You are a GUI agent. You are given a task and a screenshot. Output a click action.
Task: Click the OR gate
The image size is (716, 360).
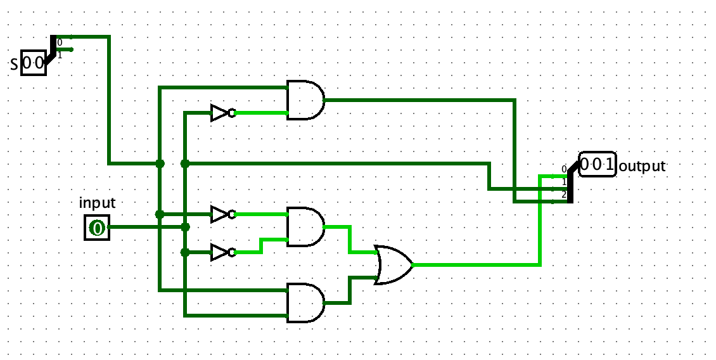(393, 264)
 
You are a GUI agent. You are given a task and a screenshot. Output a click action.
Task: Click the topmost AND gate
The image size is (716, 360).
(305, 100)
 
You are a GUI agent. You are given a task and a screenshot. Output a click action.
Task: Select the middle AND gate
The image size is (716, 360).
(305, 227)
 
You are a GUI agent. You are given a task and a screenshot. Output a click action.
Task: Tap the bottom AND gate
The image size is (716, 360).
(305, 302)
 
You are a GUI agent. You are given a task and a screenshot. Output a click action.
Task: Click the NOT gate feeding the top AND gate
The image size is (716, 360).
(223, 112)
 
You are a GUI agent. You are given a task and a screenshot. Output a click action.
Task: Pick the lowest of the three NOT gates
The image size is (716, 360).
(223, 252)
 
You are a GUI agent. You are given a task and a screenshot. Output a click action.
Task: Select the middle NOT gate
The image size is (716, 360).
(223, 214)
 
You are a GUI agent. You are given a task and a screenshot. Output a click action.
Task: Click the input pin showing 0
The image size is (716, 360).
(98, 228)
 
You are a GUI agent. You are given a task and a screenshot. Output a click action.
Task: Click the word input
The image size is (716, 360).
(98, 202)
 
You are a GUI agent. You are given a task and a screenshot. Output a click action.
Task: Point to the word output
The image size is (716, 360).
(642, 166)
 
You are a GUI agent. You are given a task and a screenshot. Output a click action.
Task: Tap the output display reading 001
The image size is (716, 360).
(598, 164)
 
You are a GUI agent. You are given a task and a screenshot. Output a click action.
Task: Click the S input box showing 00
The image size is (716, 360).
(34, 63)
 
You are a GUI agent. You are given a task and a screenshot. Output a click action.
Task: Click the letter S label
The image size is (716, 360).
(14, 65)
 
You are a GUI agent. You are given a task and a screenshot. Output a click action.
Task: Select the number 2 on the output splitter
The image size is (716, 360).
(564, 195)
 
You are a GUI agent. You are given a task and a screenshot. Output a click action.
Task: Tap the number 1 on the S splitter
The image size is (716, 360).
(60, 56)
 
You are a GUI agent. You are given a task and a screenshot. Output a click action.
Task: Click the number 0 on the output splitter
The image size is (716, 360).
(564, 169)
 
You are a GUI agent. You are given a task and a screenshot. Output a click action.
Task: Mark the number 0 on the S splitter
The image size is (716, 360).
(60, 43)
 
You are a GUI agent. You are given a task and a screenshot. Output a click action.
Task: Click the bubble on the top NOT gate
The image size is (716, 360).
(232, 112)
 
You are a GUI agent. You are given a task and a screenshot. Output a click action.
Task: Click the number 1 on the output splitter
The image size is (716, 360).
(564, 183)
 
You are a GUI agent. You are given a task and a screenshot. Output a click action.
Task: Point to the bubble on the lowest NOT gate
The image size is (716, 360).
(232, 252)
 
